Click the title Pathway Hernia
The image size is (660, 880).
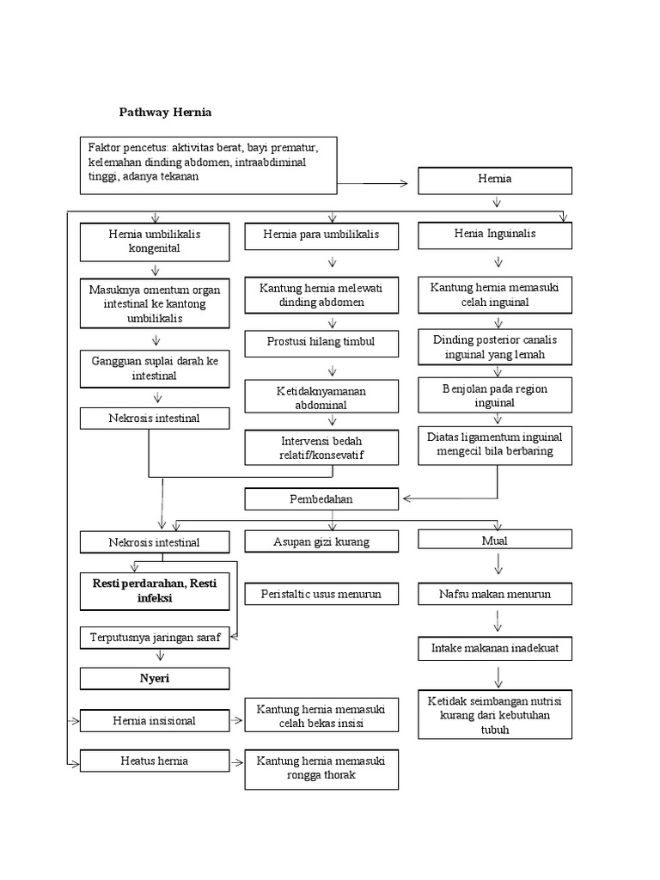click(164, 113)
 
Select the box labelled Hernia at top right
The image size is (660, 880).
click(494, 180)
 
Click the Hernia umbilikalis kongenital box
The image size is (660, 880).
click(155, 241)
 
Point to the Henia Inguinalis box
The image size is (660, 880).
click(494, 235)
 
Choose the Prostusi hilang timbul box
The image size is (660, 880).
click(321, 343)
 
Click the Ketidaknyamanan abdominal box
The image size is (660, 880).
click(321, 397)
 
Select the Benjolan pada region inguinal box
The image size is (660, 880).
click(494, 395)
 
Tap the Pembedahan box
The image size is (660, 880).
click(321, 499)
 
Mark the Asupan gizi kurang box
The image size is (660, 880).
click(321, 541)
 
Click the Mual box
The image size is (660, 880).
click(494, 540)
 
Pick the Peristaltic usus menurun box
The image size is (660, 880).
click(321, 594)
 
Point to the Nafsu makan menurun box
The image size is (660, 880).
click(494, 594)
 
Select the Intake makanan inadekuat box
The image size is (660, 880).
click(494, 648)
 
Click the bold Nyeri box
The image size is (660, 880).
click(155, 678)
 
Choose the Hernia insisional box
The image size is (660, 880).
click(155, 721)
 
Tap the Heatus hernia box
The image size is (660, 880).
click(155, 761)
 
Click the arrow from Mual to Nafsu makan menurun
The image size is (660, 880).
click(498, 565)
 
